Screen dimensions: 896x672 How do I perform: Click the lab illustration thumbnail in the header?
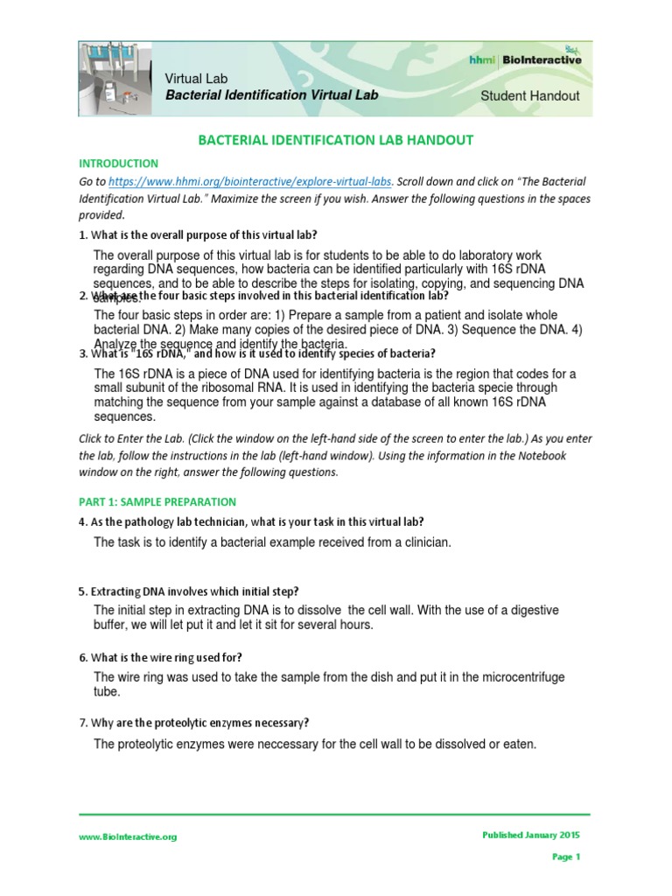pos(115,79)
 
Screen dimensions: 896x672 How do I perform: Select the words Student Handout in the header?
pos(529,95)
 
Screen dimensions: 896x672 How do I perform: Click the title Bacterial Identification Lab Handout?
pos(335,140)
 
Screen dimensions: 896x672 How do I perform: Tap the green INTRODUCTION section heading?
pos(118,164)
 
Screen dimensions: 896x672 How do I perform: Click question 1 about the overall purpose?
pos(198,235)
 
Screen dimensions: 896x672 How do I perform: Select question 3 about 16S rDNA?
pos(257,353)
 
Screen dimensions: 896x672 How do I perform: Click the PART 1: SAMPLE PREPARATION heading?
pos(157,502)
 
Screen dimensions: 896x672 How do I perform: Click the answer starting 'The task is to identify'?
pos(272,542)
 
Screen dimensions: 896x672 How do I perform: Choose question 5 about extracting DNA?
pos(189,591)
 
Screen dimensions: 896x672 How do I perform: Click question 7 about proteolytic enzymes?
pos(193,723)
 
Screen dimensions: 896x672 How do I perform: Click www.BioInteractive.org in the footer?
pos(128,836)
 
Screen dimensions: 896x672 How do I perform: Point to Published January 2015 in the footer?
pos(530,835)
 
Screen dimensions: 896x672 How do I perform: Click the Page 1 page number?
pos(565,857)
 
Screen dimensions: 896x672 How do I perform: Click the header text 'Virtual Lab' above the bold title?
pos(197,79)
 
